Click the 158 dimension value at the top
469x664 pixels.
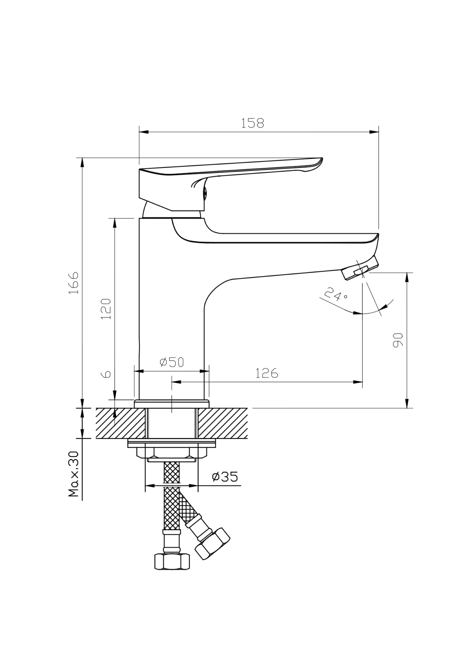point(252,123)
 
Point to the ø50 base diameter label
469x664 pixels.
point(172,362)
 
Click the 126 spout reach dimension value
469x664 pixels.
point(267,373)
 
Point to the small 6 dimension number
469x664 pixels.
point(107,374)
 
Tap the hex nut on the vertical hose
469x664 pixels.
point(172,561)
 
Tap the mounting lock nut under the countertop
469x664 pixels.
point(172,453)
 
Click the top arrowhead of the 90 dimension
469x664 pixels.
point(407,277)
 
